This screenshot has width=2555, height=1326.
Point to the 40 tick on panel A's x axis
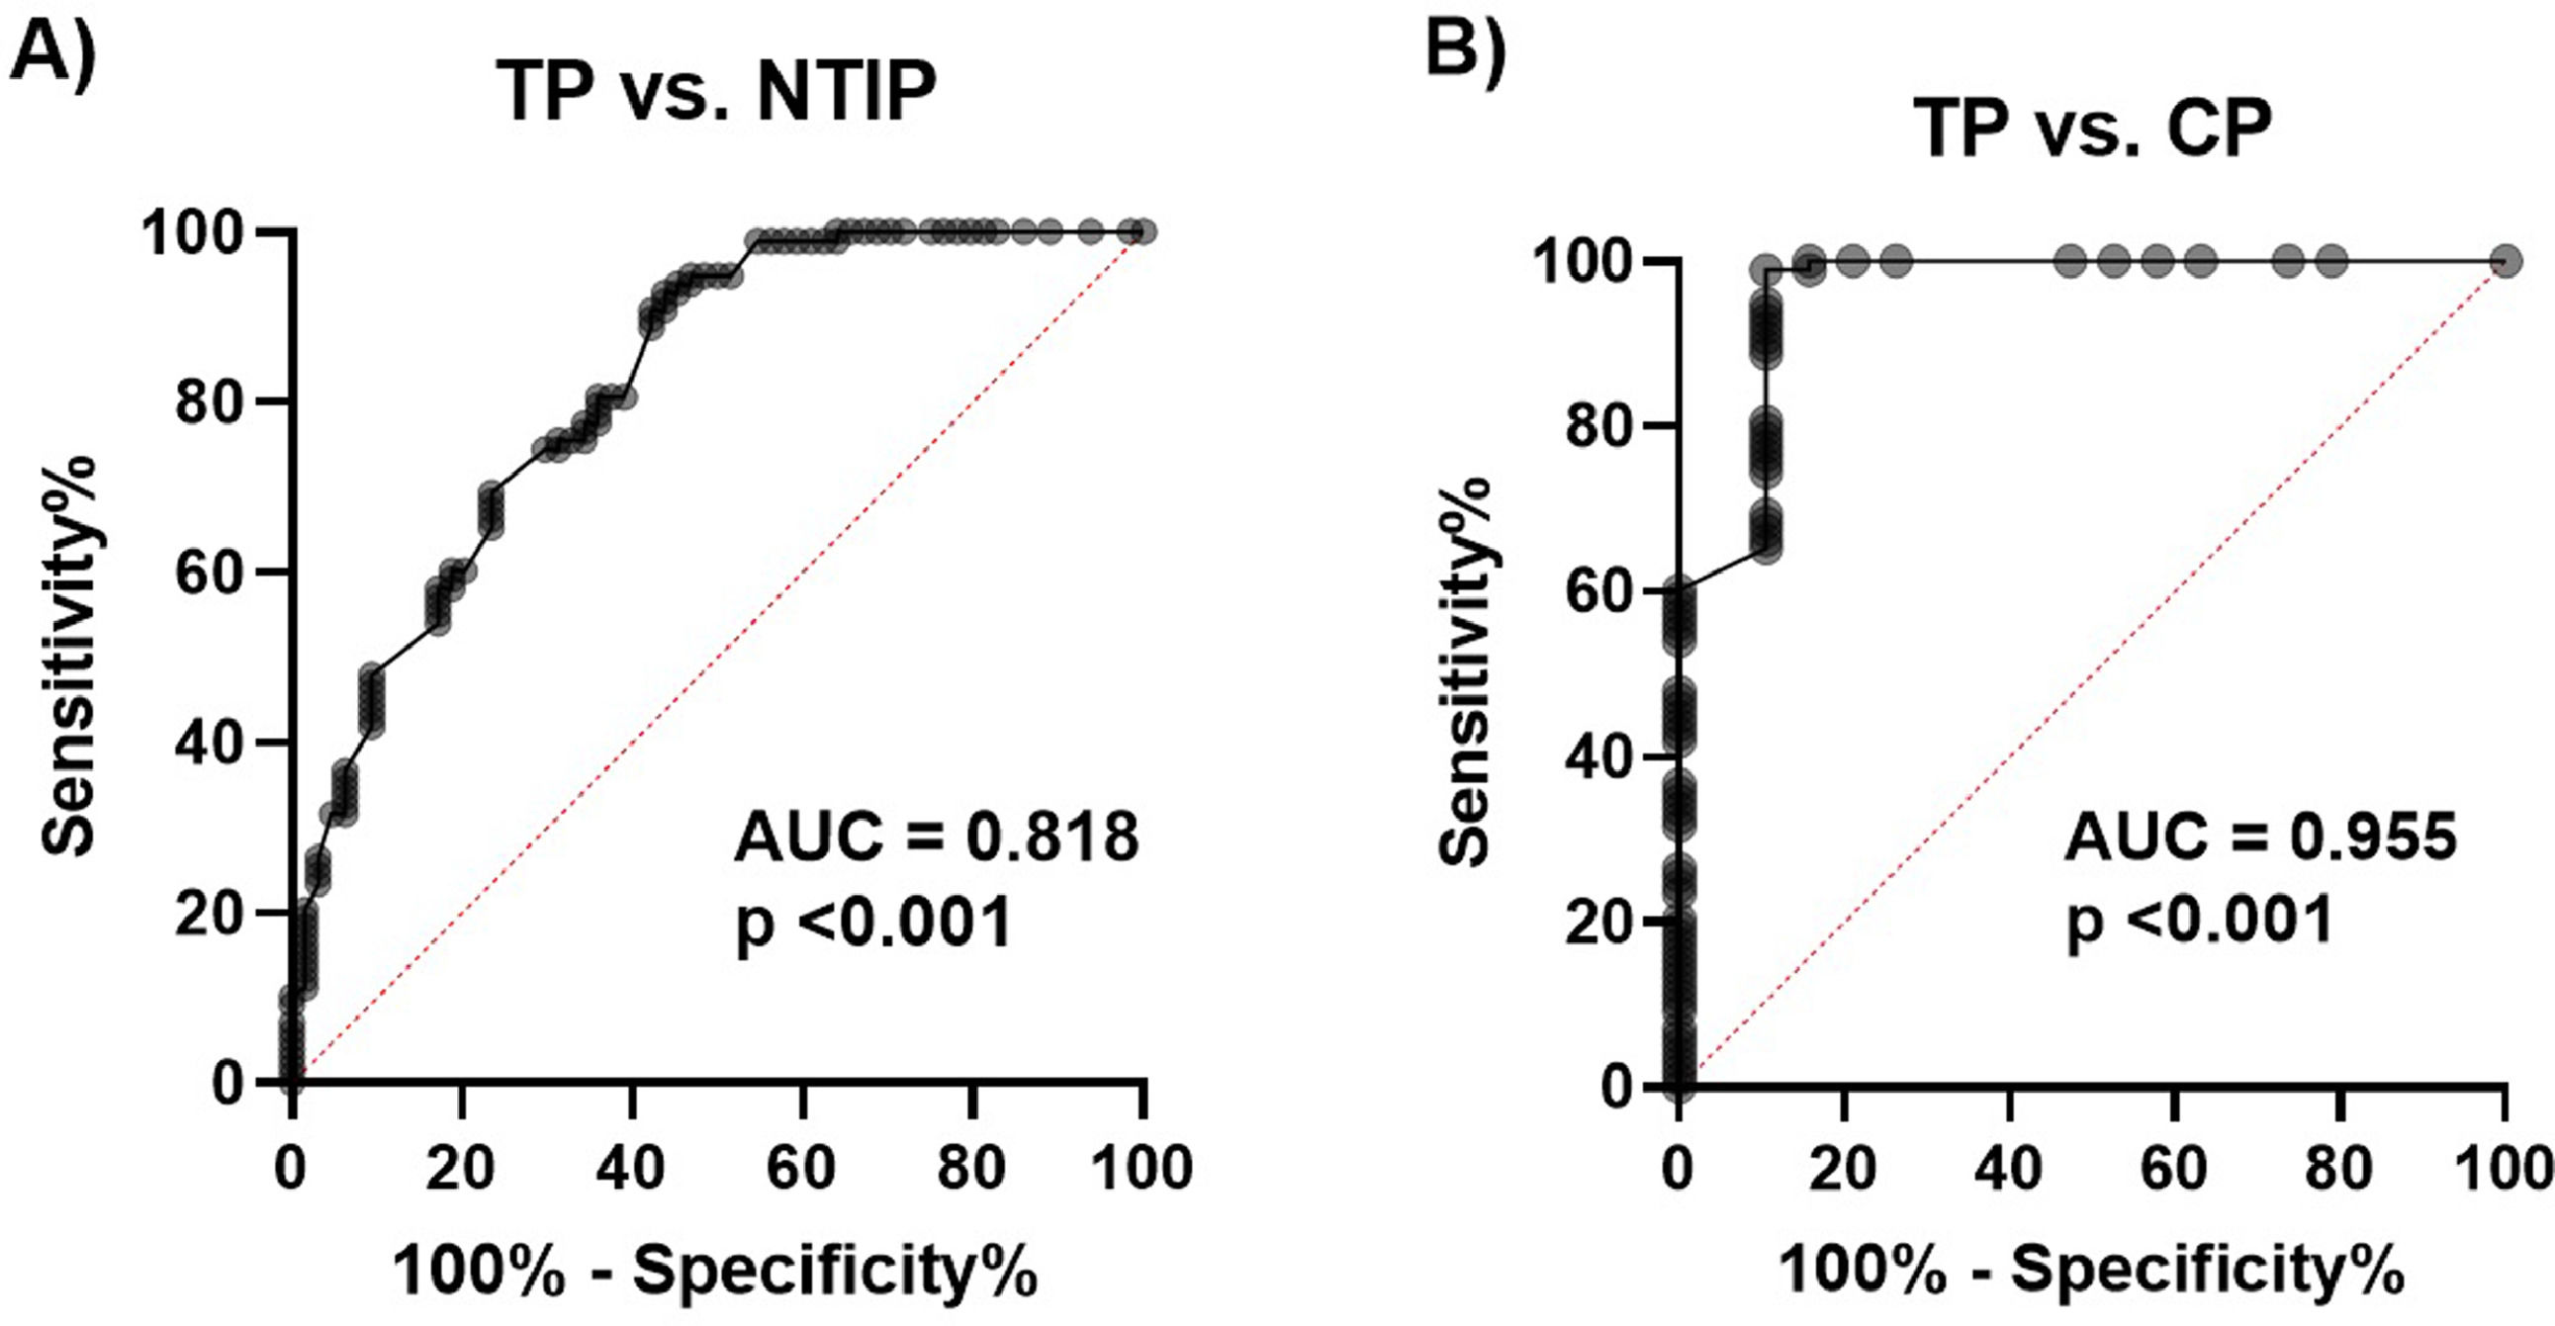[632, 1171]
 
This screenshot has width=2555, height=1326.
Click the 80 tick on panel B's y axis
[1595, 424]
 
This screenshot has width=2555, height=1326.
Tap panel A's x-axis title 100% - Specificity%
[716, 1272]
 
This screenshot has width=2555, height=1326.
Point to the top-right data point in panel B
[2507, 262]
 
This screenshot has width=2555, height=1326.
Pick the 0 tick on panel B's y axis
[1618, 1087]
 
